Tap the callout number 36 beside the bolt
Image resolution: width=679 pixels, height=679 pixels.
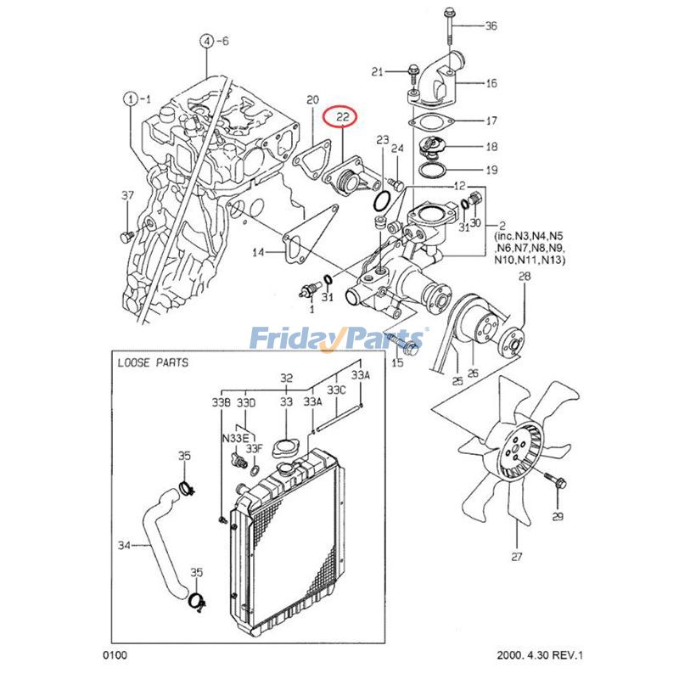coord(491,25)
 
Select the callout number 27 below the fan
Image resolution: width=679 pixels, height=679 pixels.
coord(517,558)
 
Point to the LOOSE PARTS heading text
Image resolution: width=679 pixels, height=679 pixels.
coord(153,362)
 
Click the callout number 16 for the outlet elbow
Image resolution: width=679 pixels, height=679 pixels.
coord(491,83)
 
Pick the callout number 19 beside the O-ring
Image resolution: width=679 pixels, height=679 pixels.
coord(491,170)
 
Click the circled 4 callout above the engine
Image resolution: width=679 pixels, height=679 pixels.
coord(206,40)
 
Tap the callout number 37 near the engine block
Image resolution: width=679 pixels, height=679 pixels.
coord(127,196)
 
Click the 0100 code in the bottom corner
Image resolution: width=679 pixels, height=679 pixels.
coord(115,655)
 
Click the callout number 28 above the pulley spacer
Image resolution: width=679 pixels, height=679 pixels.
coord(524,277)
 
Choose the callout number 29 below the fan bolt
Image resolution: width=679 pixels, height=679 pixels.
coord(558,517)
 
